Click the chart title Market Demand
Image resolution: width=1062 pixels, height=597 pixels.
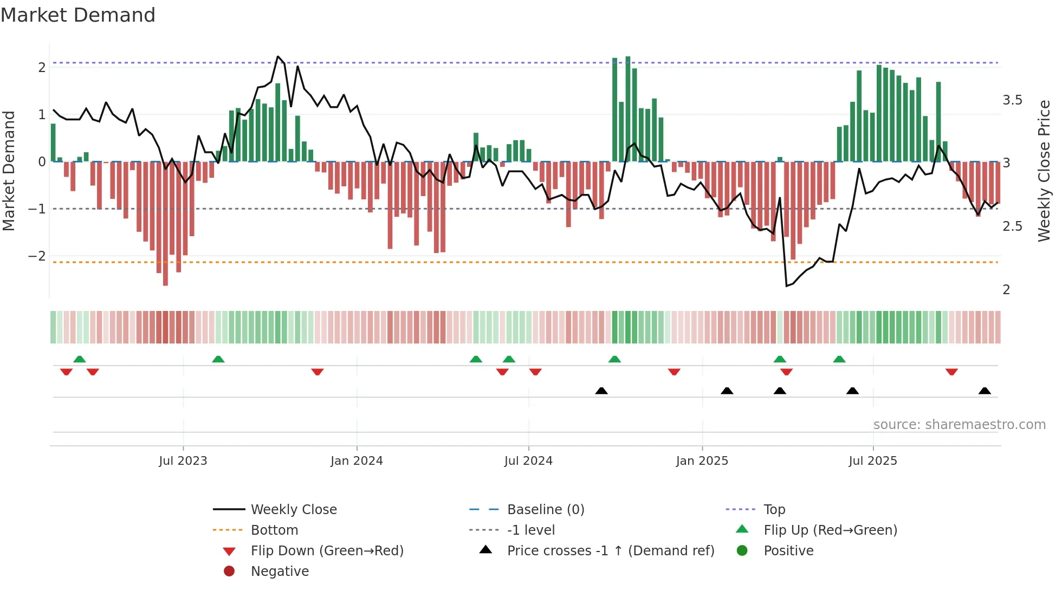point(78,15)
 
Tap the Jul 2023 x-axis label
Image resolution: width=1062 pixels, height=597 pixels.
point(183,461)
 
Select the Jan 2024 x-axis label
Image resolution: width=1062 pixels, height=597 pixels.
point(357,461)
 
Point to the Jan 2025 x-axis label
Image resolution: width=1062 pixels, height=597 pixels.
point(702,461)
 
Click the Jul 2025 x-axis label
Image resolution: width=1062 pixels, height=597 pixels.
point(872,461)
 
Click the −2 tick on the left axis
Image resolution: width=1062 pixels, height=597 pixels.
point(37,256)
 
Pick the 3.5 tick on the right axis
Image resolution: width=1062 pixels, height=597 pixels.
point(1012,100)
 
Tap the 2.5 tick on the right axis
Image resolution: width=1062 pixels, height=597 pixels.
point(1012,226)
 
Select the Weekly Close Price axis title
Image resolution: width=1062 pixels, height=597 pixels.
point(1044,171)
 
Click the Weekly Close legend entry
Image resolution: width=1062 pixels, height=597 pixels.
point(293,510)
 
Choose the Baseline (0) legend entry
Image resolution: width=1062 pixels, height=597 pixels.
point(545,510)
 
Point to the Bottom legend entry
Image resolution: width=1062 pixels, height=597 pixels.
point(274,530)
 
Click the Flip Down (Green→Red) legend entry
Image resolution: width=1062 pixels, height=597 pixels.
point(327,551)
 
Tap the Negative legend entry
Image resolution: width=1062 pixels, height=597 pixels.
point(280,572)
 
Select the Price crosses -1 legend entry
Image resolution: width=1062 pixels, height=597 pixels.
point(610,551)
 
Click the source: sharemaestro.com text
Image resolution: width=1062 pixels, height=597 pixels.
point(959,425)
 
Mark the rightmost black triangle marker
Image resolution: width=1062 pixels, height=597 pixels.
point(985,391)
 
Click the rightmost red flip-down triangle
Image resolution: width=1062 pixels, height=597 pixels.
point(951,372)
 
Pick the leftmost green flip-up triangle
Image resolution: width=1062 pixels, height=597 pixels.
point(80,359)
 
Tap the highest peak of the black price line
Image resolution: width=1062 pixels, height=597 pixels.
point(278,57)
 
